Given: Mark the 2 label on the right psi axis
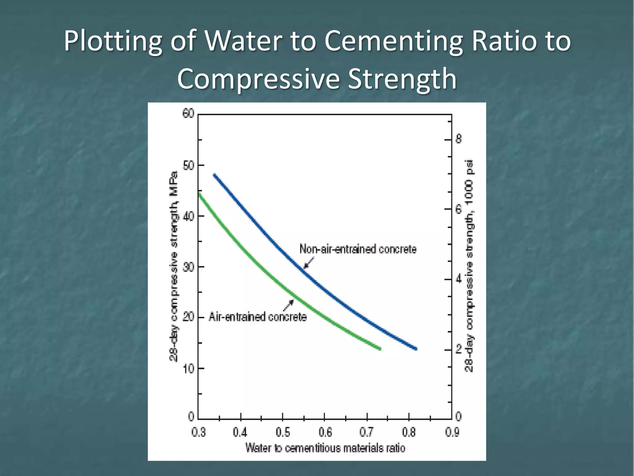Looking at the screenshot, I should pos(458,350).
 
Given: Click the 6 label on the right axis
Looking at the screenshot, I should pos(458,209).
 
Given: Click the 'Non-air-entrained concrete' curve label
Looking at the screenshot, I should pos(358,249).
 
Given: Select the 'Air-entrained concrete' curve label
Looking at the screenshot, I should pos(258,317).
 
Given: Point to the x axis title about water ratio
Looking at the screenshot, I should pos(325,448).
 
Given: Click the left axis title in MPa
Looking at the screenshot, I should pos(173,266).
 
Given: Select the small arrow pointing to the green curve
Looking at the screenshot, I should pos(288,305).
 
